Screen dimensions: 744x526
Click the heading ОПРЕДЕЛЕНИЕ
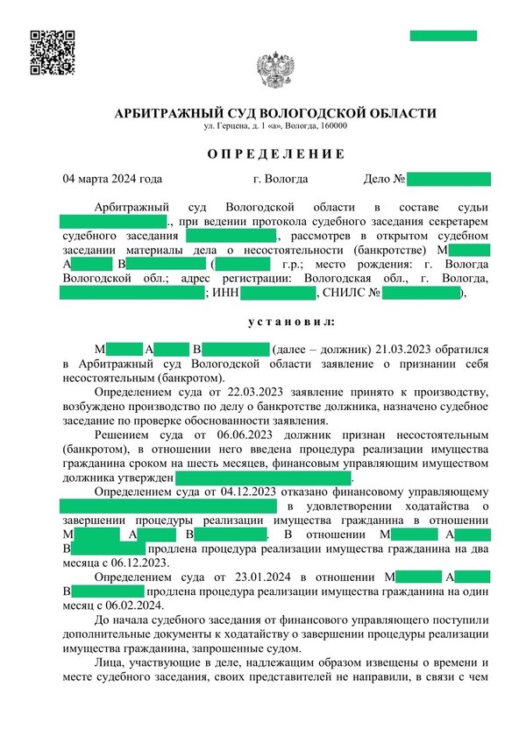[x=263, y=153]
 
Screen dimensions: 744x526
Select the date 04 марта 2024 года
[x=112, y=180]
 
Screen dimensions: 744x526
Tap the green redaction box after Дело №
[x=448, y=180]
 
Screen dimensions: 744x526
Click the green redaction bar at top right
[x=444, y=36]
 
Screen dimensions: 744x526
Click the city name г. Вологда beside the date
[x=280, y=180]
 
